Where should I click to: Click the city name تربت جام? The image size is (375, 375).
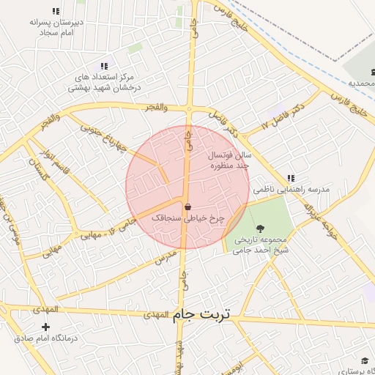(x=201, y=315)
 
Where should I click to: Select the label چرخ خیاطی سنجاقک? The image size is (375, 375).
(x=187, y=218)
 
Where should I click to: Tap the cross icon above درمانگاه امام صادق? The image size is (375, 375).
(x=46, y=326)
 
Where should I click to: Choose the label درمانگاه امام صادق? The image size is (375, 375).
(x=46, y=339)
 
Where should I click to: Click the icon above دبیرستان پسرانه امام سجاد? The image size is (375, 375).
(x=56, y=11)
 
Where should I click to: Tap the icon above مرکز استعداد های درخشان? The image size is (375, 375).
(x=103, y=66)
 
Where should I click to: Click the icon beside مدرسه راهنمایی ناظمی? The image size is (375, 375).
(x=291, y=178)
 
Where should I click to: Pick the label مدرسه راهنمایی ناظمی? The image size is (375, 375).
(x=292, y=189)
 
